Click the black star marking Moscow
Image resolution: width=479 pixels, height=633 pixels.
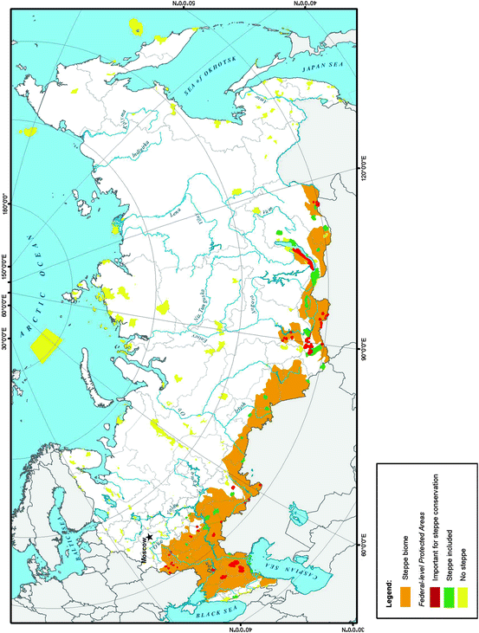[x=151, y=537]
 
